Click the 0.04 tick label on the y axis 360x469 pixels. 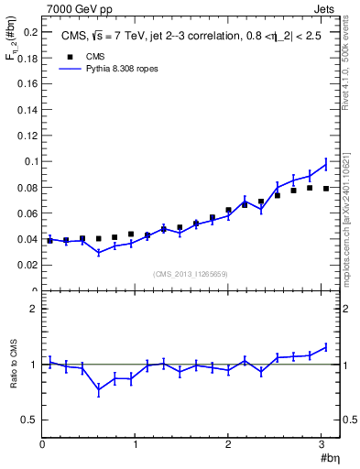[27, 239]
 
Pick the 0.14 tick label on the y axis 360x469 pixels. [27, 110]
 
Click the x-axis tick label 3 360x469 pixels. [322, 444]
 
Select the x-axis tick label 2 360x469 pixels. [228, 444]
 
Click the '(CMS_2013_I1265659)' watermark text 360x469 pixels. [191, 274]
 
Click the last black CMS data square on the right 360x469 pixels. [326, 189]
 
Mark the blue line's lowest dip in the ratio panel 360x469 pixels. [99, 390]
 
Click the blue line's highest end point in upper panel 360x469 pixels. [326, 163]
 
